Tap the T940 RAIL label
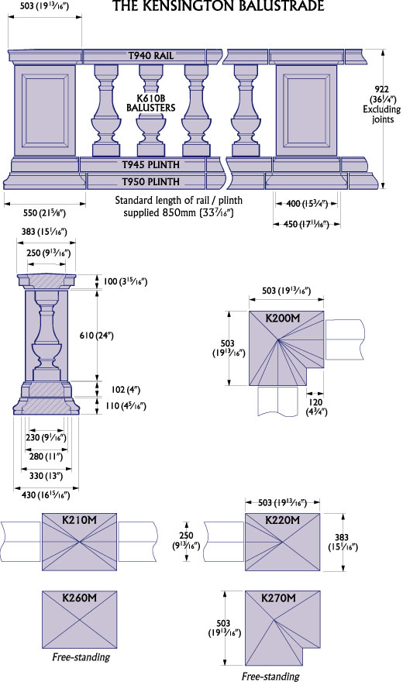tap(151, 56)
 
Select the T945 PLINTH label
tap(150, 165)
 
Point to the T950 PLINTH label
tap(150, 181)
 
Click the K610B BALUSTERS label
tap(151, 103)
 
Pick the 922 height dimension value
tap(383, 89)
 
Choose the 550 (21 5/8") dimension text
tap(44, 212)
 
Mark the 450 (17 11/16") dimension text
tap(306, 224)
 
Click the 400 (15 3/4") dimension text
tap(307, 203)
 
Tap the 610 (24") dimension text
tap(97, 336)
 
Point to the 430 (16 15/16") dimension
tap(46, 494)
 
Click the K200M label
tap(283, 318)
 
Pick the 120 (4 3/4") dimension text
tap(316, 407)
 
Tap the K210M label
tap(79, 520)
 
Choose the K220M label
tap(283, 520)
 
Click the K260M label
tap(79, 598)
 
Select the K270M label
tap(279, 598)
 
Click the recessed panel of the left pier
tap(44, 110)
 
